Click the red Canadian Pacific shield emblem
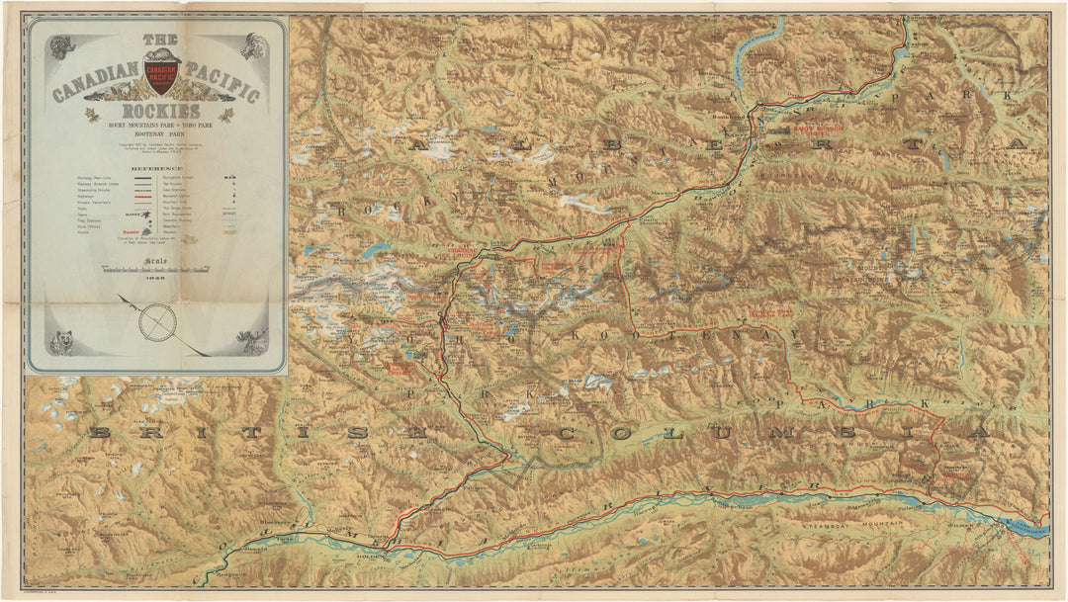[x=160, y=72]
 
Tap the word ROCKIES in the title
[x=160, y=111]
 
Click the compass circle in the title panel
[x=158, y=322]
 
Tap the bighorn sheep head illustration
[x=61, y=46]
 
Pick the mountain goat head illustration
[x=254, y=46]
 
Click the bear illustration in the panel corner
[x=63, y=343]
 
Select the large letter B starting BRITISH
[x=99, y=432]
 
